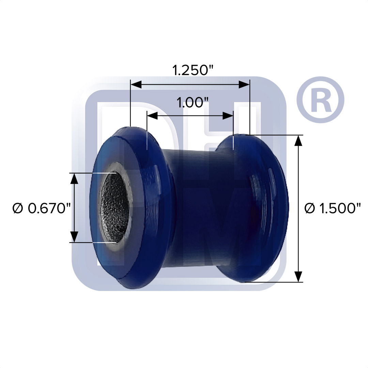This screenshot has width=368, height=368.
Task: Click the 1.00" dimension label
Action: (x=193, y=102)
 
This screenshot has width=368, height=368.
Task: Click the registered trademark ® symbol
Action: (x=320, y=99)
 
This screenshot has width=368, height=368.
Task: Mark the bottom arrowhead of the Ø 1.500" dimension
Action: (x=298, y=276)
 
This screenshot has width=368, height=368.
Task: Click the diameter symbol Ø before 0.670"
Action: (x=18, y=208)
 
